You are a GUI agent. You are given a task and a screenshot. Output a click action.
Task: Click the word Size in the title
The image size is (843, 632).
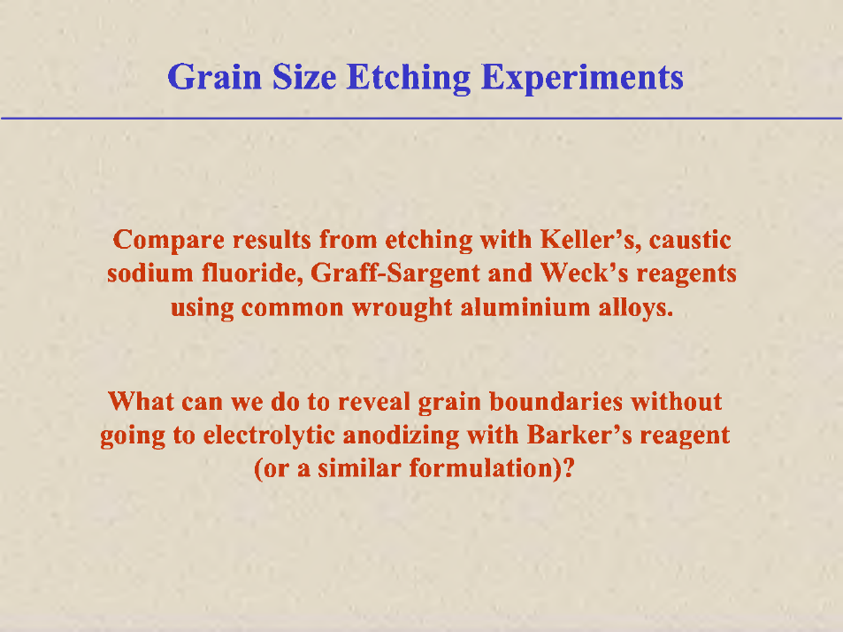[304, 77]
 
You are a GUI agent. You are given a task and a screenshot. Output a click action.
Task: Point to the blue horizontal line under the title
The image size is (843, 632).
[421, 118]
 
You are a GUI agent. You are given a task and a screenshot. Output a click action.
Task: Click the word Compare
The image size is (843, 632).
[169, 241]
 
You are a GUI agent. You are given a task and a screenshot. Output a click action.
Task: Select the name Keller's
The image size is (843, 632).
[591, 239]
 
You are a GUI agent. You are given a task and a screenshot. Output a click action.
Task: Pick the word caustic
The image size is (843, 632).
[690, 240]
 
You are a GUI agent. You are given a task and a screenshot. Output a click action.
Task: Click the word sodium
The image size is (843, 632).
[150, 274]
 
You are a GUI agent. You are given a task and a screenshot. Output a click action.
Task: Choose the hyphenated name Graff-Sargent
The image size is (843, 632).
[395, 274]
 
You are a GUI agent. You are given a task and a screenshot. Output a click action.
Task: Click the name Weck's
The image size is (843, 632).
[584, 273]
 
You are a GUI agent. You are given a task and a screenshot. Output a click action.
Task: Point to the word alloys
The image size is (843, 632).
[635, 308]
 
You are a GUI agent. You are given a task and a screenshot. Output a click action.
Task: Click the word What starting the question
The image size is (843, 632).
[141, 401]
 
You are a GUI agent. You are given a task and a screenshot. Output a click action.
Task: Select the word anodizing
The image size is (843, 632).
[401, 435]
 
